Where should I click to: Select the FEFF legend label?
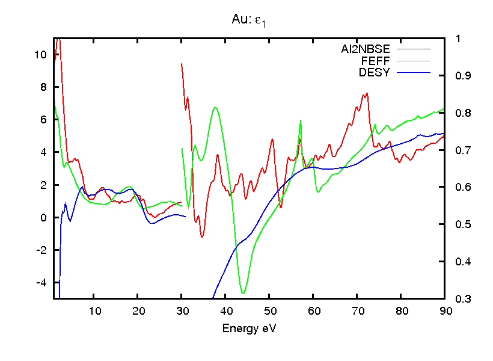pos(376,61)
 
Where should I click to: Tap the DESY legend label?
pos(375,72)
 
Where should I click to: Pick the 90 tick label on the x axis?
pos(444,311)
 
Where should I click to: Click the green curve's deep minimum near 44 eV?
pos(243,293)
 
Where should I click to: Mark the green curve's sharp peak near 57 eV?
pos(299,121)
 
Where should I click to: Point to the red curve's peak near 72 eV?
pos(366,94)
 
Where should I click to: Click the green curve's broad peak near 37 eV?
pos(215,108)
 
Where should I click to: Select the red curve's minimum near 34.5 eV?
pos(202,236)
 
